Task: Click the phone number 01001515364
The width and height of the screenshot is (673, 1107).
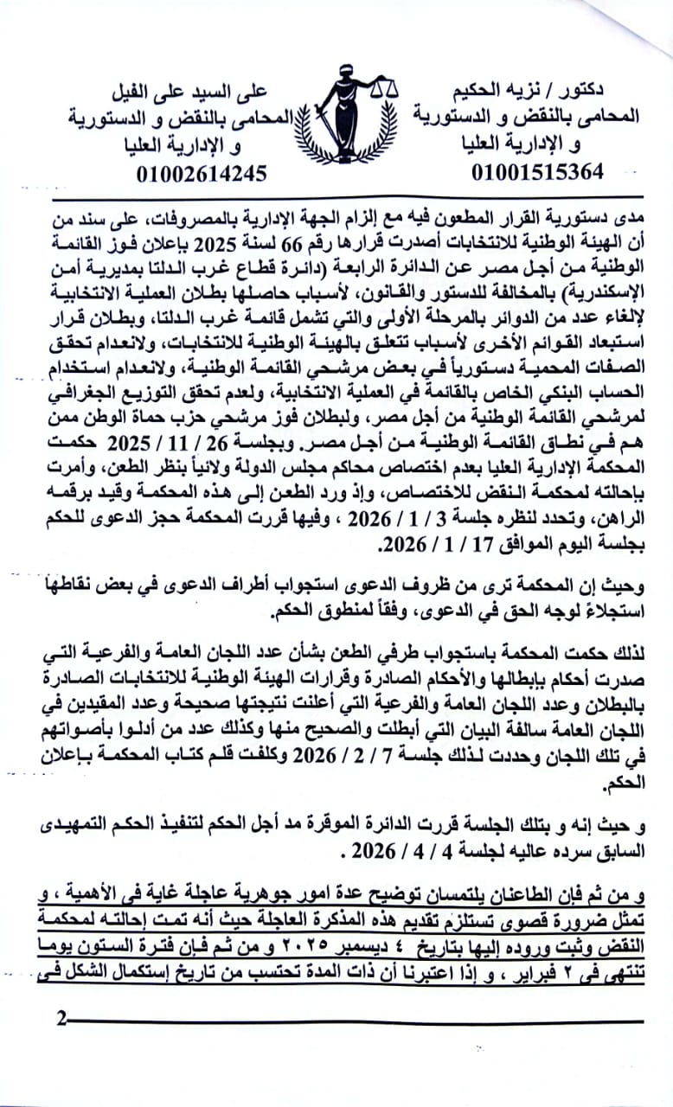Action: click(537, 171)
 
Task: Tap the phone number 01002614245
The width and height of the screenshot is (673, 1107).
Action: click(201, 172)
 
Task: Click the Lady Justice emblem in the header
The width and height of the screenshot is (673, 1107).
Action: click(345, 116)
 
